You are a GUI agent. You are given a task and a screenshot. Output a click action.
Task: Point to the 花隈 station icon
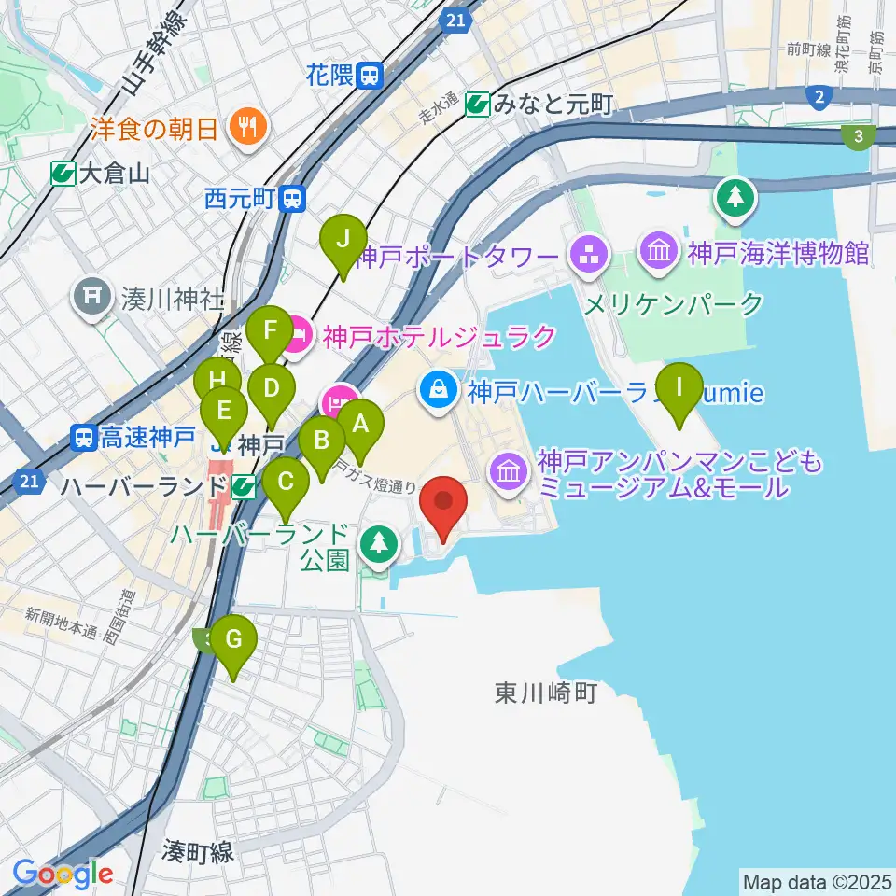[371, 76]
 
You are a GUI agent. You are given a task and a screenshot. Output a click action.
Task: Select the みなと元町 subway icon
[480, 105]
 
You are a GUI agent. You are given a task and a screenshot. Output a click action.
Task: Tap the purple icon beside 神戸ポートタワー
[588, 254]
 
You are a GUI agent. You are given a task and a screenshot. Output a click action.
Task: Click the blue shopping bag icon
[438, 390]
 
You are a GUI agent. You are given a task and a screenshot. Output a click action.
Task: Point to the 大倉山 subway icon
[64, 173]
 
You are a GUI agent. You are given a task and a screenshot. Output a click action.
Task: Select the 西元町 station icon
[294, 199]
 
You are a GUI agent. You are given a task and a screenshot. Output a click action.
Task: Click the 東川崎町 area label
[545, 693]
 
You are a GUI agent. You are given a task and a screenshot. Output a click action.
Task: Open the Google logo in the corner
[63, 873]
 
